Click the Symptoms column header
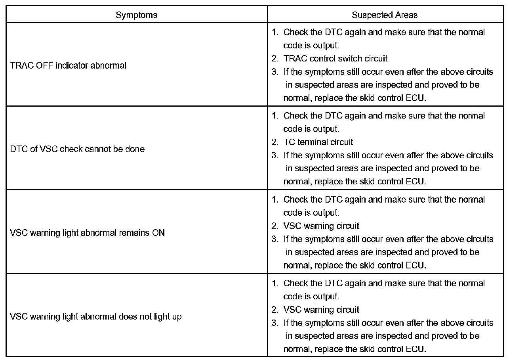(136, 15)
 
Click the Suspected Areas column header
(384, 15)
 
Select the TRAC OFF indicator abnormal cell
(68, 65)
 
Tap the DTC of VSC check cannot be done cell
(77, 149)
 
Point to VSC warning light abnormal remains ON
(87, 233)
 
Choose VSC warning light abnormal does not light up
(95, 317)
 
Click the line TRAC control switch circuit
(335, 59)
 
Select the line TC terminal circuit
(318, 142)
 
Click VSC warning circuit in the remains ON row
(321, 226)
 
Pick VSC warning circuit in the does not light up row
(321, 310)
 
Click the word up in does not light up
(177, 317)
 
